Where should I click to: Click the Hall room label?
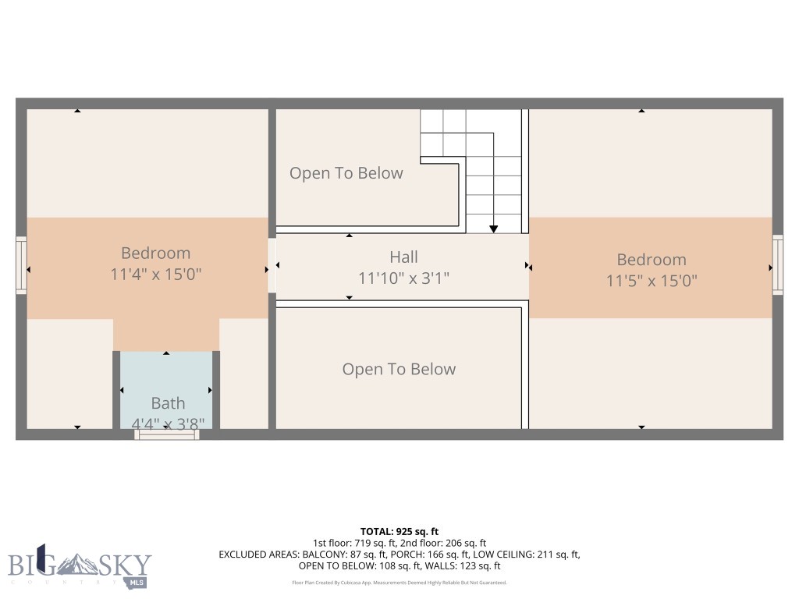tap(403, 257)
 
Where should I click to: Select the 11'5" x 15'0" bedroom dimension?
tap(652, 280)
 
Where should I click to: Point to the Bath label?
tap(168, 403)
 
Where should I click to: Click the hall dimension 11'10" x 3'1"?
tap(403, 278)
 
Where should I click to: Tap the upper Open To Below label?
tap(346, 173)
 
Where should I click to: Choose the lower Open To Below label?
tap(399, 369)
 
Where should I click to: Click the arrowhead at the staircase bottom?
tap(494, 229)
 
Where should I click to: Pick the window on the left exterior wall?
tap(21, 266)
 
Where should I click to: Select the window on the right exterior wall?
tap(777, 265)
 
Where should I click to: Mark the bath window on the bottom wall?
tap(167, 434)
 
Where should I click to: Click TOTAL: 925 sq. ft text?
tap(399, 531)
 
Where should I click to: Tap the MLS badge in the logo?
tap(137, 582)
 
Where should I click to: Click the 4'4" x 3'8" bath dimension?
tap(168, 424)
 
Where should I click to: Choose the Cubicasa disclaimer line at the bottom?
tap(399, 583)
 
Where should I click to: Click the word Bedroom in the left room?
tap(156, 253)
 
